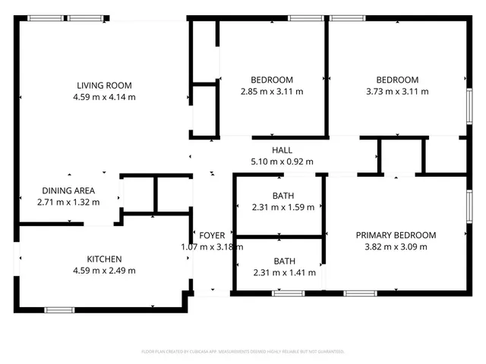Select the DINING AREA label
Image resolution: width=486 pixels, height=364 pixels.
tap(68, 191)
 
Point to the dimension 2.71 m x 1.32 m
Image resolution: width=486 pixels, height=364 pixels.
tap(68, 203)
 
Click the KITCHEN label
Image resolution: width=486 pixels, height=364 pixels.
tap(103, 259)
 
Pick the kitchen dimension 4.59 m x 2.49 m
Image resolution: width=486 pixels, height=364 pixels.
tap(103, 270)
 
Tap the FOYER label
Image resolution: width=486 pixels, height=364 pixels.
tap(212, 235)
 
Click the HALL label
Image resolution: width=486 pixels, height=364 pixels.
tap(282, 150)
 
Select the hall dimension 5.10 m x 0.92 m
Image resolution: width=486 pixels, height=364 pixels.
tap(282, 162)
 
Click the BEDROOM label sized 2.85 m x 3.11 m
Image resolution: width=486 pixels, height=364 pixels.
tap(272, 80)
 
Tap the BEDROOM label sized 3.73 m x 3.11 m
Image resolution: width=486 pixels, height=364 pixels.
tap(397, 80)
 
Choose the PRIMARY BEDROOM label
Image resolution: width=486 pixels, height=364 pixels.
tap(396, 235)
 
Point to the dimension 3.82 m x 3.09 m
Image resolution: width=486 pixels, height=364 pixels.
tap(396, 246)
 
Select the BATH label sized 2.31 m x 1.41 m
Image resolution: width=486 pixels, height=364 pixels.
tap(284, 262)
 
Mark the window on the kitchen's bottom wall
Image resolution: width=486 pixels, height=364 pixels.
tap(59, 309)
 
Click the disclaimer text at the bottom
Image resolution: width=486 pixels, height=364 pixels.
tap(243, 352)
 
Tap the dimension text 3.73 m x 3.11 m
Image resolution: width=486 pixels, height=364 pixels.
tap(397, 91)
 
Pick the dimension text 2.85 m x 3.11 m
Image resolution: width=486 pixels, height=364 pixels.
tap(272, 91)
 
